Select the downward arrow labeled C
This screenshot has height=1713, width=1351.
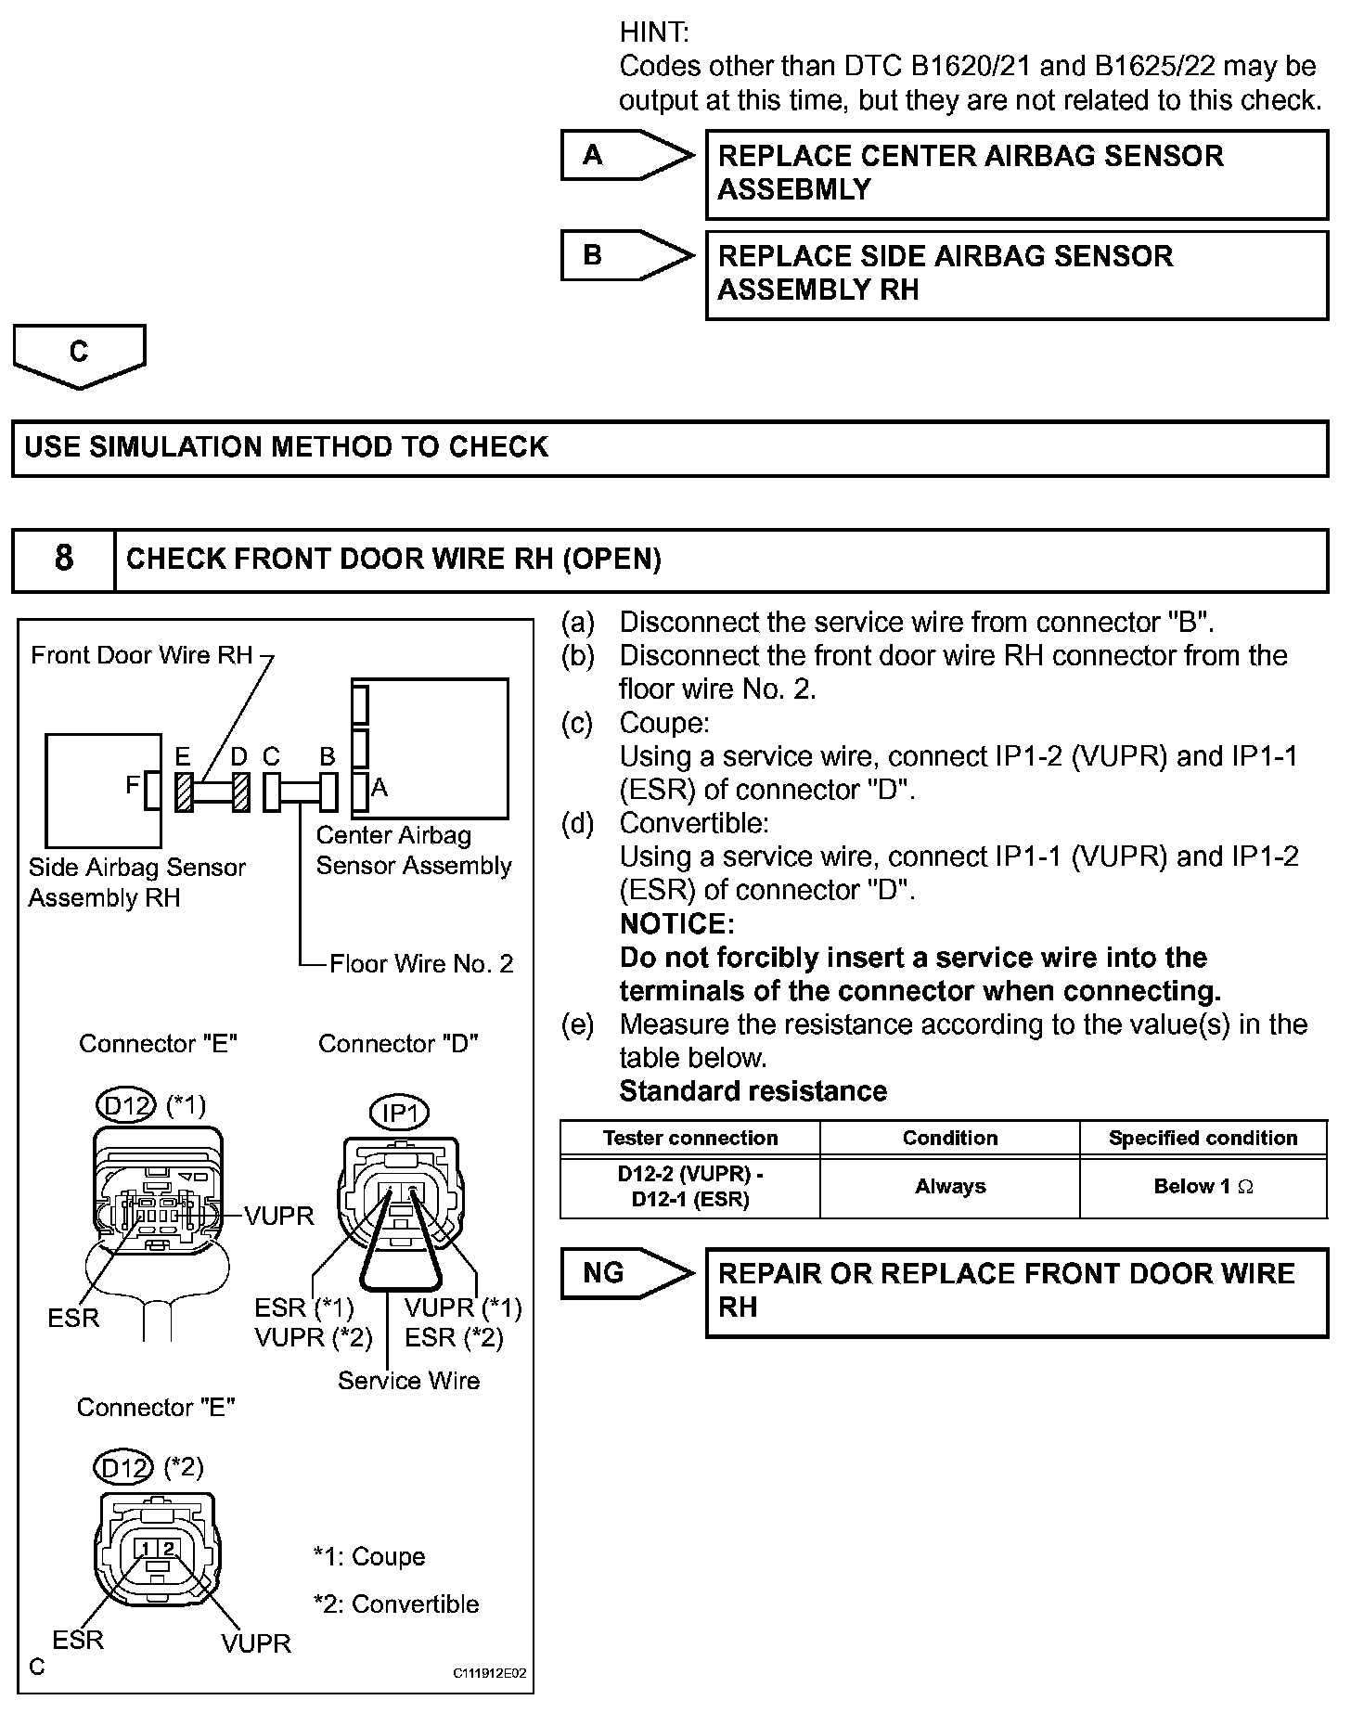[x=79, y=354]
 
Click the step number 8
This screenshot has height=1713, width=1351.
[x=63, y=559]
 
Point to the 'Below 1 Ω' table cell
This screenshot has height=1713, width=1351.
[x=1203, y=1187]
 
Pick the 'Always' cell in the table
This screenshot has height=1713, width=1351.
[x=949, y=1187]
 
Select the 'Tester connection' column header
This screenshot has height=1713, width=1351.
[x=689, y=1139]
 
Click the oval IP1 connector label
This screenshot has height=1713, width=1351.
[x=400, y=1113]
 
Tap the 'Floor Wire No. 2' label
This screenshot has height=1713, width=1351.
[x=421, y=964]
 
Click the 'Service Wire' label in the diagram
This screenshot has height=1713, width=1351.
[x=408, y=1381]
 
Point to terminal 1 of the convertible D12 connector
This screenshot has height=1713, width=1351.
[x=146, y=1548]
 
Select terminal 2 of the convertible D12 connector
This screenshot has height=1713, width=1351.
[x=168, y=1548]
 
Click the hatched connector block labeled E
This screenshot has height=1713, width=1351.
[x=184, y=792]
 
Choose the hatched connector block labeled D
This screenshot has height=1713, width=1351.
[x=241, y=792]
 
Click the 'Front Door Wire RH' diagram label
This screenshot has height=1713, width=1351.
[x=141, y=655]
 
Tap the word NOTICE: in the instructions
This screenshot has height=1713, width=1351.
[x=676, y=924]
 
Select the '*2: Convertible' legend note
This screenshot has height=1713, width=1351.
[x=396, y=1604]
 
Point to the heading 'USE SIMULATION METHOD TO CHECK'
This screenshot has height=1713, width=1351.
[x=286, y=447]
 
